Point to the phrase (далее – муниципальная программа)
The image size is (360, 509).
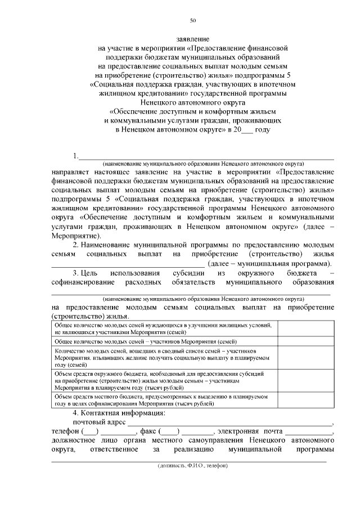pyautogui.click(x=269, y=263)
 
